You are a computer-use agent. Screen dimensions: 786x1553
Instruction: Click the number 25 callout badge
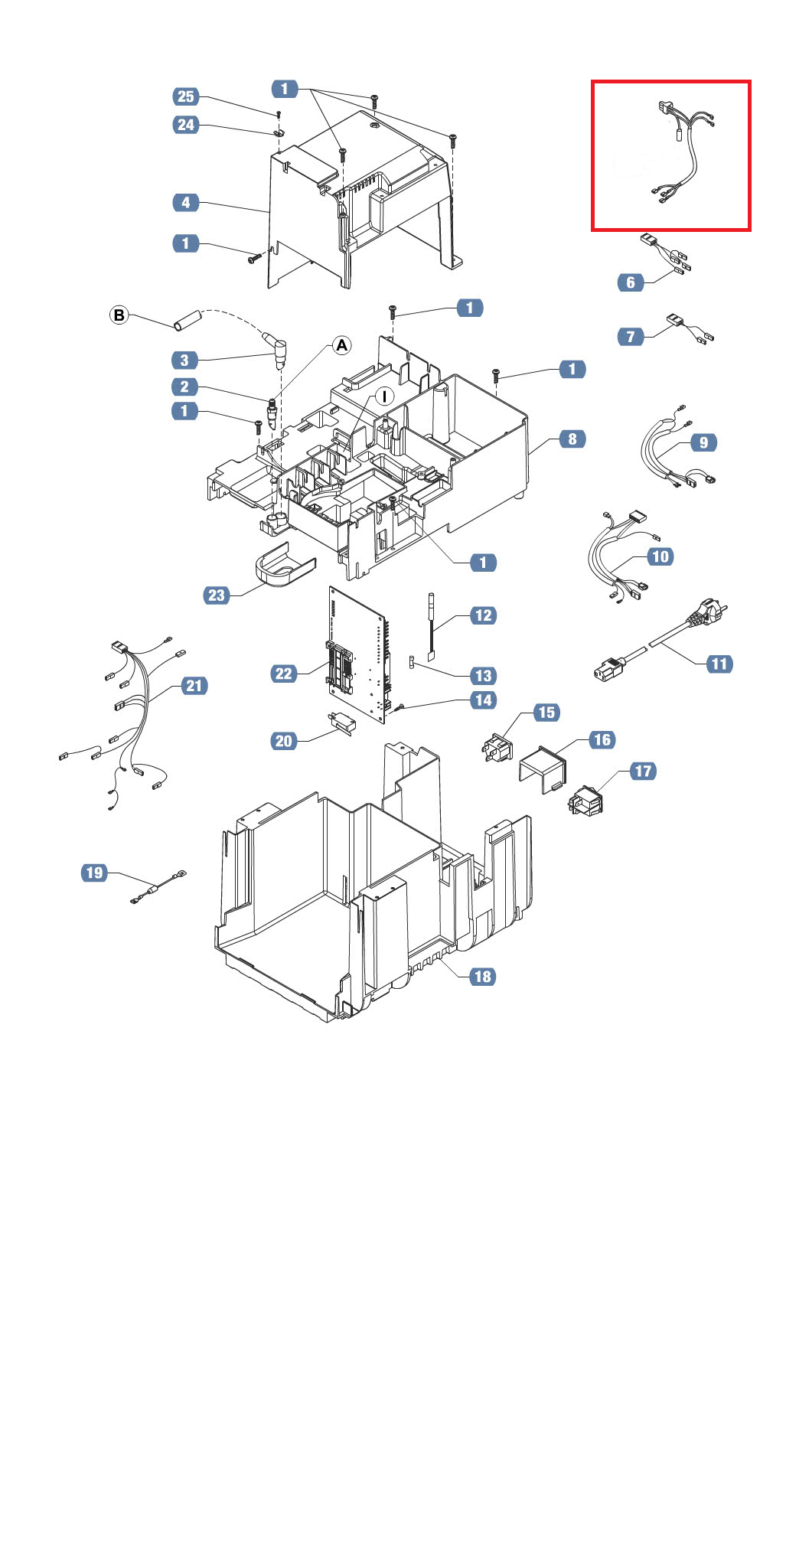pyautogui.click(x=186, y=96)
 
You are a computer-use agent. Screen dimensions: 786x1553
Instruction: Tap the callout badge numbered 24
pyautogui.click(x=186, y=125)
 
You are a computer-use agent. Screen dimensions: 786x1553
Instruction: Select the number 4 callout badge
pyautogui.click(x=186, y=203)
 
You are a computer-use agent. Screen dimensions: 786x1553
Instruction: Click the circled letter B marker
pyautogui.click(x=119, y=315)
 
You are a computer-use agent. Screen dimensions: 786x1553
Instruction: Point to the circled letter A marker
pyautogui.click(x=341, y=345)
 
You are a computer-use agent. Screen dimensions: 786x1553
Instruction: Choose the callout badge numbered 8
pyautogui.click(x=572, y=439)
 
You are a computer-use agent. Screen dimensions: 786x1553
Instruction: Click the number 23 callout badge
pyautogui.click(x=217, y=595)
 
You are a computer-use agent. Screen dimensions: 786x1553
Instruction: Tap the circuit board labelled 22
pyautogui.click(x=358, y=654)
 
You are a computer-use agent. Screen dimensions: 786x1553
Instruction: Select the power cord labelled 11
pyautogui.click(x=660, y=640)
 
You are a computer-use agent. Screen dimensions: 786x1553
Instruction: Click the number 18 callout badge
pyautogui.click(x=482, y=977)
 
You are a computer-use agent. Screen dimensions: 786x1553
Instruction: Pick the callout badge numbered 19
pyautogui.click(x=94, y=873)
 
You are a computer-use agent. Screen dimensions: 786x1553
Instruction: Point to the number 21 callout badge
pyautogui.click(x=194, y=686)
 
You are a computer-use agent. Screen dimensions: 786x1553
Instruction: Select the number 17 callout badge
pyautogui.click(x=643, y=772)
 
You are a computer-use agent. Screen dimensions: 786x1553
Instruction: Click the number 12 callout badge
pyautogui.click(x=484, y=615)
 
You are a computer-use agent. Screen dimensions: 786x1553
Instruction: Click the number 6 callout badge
pyautogui.click(x=631, y=282)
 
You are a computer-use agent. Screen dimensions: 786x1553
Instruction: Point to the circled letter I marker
pyautogui.click(x=384, y=396)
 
